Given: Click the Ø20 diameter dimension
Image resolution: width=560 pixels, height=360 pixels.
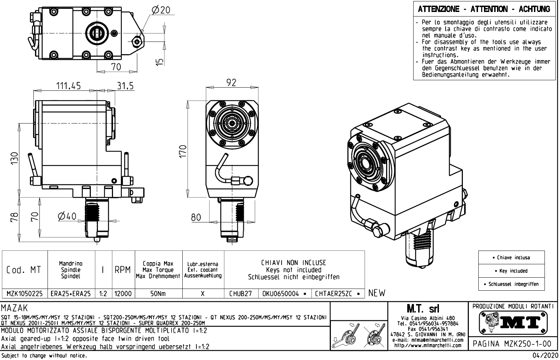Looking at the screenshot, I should [161, 10].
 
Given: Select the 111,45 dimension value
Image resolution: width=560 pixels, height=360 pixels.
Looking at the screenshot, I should [69, 86].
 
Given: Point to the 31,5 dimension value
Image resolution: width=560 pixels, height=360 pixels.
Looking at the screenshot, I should [125, 86].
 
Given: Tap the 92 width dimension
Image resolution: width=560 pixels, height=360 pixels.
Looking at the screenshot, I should [231, 82].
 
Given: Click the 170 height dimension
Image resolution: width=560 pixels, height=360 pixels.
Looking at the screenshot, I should [182, 152].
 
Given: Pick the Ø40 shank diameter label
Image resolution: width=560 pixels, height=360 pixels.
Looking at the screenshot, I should [67, 216].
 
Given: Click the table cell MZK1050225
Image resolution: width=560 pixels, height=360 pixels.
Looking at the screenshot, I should [25, 293].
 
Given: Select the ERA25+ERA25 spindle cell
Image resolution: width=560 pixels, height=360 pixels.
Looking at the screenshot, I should [71, 293].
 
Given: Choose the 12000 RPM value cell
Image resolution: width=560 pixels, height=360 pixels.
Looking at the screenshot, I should [123, 293].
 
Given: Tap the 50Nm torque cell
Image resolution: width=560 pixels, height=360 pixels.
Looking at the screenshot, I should [158, 293].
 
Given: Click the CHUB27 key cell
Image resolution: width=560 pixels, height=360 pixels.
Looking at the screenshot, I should [241, 293].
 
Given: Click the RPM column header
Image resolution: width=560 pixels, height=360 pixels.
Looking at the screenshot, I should [123, 270].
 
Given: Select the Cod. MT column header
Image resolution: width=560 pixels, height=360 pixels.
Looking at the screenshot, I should [24, 270].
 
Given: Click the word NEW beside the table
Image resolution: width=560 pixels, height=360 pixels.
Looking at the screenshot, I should [377, 293].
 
